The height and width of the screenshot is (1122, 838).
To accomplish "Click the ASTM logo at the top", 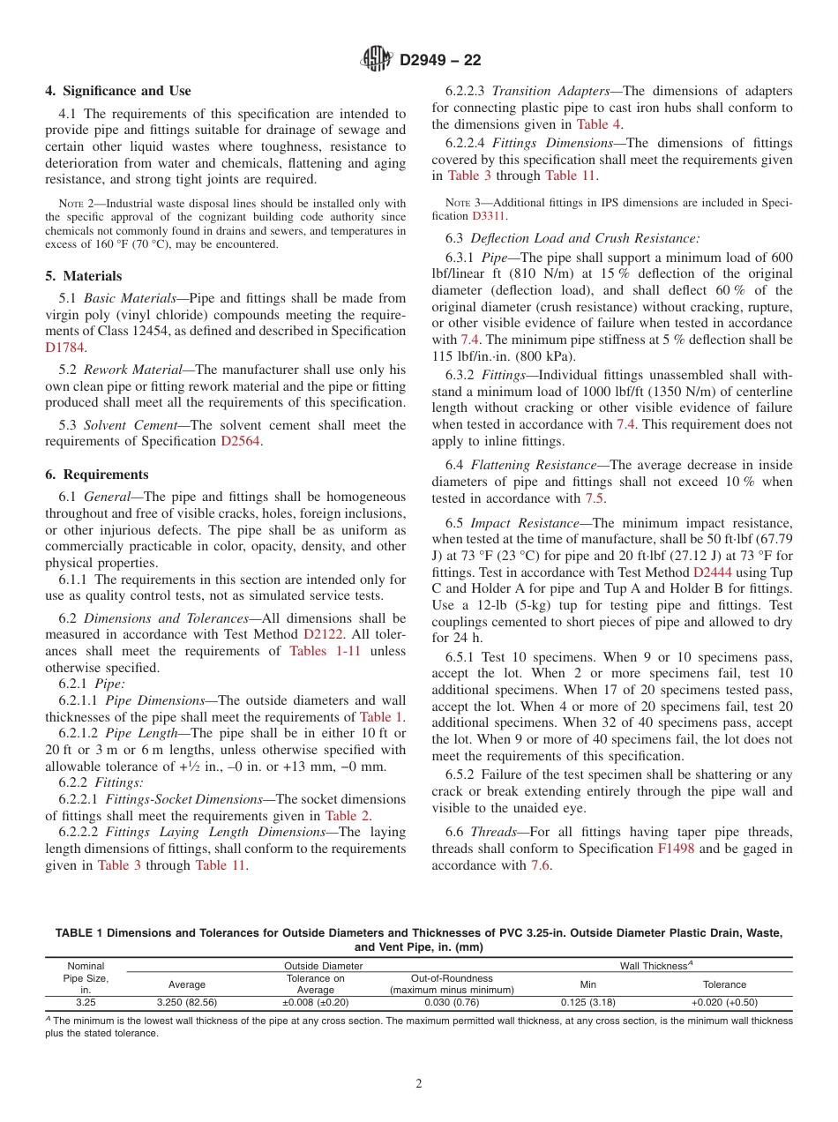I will [378, 60].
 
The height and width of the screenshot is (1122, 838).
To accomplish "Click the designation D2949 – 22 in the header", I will [439, 61].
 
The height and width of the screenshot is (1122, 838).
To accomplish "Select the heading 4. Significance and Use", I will [118, 91].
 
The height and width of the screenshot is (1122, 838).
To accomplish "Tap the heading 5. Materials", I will [84, 276].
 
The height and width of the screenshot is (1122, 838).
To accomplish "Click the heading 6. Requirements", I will [97, 475].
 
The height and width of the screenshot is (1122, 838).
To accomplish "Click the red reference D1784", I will [64, 348].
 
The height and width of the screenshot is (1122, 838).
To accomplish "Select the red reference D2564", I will [241, 441].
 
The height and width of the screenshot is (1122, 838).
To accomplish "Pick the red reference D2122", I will [323, 635].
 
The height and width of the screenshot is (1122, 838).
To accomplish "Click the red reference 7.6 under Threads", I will [541, 865].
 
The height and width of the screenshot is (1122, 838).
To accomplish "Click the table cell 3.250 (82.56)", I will [187, 1002].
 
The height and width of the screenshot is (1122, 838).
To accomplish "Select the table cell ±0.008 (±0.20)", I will [315, 1002].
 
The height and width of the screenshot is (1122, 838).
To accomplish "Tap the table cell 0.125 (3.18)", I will [587, 1002].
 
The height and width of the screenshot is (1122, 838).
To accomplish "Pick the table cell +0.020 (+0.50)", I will [724, 1002].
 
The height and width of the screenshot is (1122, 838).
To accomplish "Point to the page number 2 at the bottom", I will [419, 1084].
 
